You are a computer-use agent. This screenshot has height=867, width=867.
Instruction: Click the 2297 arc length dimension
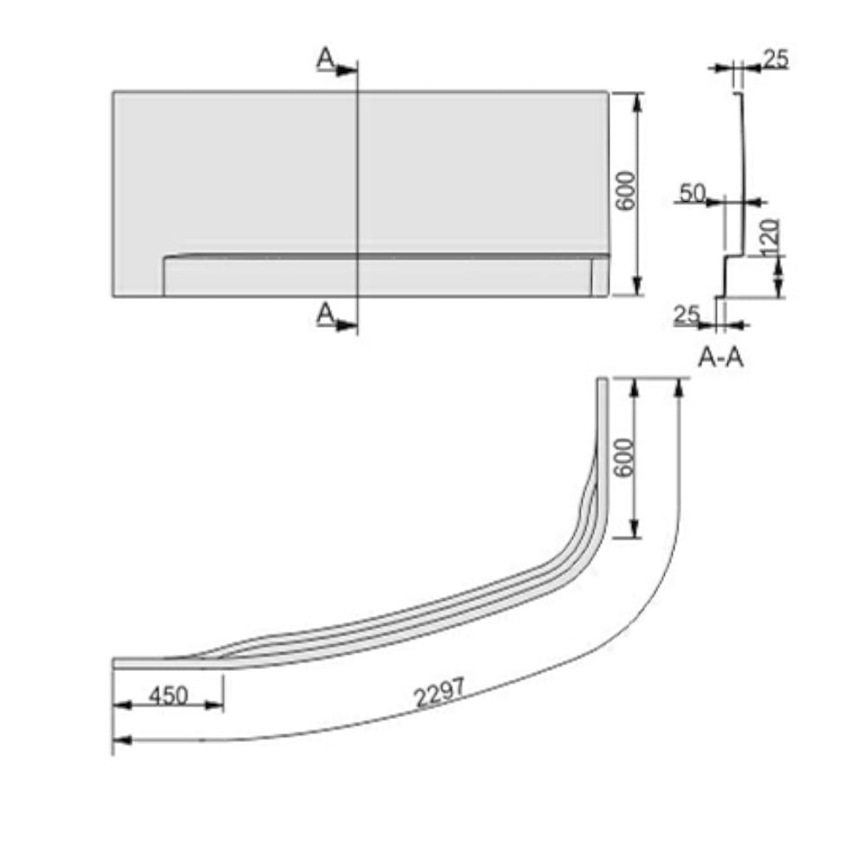coord(440,693)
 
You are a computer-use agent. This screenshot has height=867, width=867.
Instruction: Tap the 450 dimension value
coord(169,694)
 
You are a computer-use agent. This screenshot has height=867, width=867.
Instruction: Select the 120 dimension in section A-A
coord(770,238)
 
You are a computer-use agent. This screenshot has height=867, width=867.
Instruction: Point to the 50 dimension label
coord(693,193)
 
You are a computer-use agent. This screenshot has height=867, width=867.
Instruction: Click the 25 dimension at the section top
coord(776,59)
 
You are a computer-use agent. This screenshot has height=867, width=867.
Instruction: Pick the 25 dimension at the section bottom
coord(687,315)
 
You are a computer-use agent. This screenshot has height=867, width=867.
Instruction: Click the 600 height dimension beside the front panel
coord(627,192)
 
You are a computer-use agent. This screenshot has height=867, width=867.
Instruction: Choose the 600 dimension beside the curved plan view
coord(623,457)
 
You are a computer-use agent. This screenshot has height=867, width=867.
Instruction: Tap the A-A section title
coord(720,358)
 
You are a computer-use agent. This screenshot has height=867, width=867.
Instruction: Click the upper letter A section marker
coord(325,58)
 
